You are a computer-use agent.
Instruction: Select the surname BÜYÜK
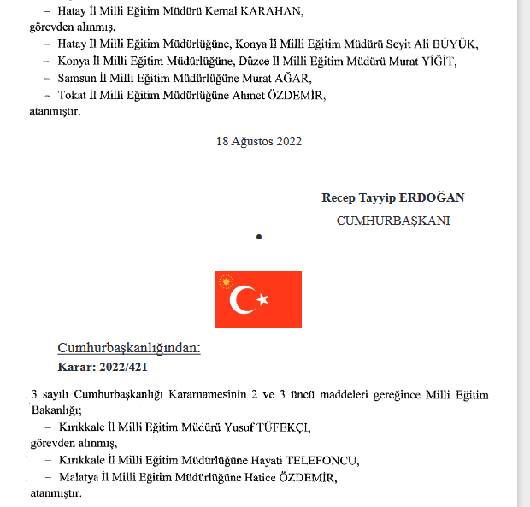(x=450, y=44)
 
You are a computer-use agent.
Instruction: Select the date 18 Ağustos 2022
(x=259, y=141)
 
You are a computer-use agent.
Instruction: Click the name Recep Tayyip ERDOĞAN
(x=393, y=197)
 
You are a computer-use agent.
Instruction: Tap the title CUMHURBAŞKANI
(x=393, y=221)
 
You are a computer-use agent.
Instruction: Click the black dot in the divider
(x=259, y=237)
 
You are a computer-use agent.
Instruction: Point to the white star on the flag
(x=262, y=299)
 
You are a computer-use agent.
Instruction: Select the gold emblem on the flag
(x=227, y=281)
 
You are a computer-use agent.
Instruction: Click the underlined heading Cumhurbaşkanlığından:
(x=128, y=348)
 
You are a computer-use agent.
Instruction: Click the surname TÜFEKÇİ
(x=274, y=427)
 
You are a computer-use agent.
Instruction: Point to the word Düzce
(x=280, y=61)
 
